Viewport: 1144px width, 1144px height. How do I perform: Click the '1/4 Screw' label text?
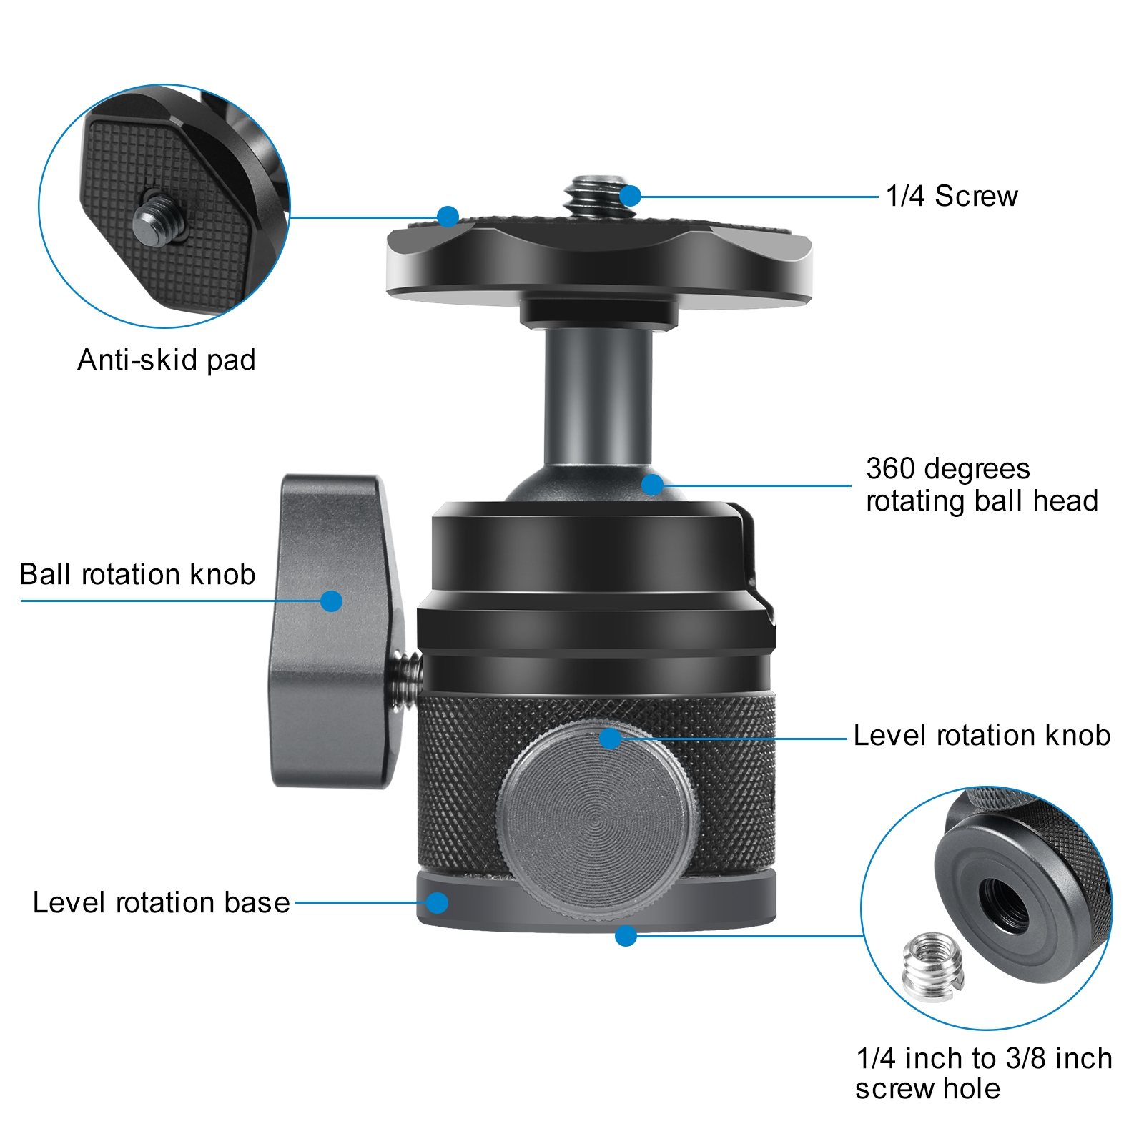[952, 196]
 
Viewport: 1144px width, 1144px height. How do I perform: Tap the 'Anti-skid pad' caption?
[166, 360]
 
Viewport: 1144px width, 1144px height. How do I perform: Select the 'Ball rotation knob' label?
[137, 574]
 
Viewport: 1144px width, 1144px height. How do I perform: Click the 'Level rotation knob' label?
[982, 735]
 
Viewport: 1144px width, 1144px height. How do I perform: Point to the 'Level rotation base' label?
[162, 902]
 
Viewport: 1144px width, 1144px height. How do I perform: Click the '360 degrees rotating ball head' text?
[982, 485]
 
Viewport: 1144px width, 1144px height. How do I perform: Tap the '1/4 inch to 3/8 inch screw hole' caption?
[984, 1073]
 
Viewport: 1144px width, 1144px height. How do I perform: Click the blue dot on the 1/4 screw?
[630, 196]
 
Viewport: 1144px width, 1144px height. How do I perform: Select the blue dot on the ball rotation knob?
[331, 601]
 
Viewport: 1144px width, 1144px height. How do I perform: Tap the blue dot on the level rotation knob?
[610, 739]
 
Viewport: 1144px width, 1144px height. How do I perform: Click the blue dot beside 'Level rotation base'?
[438, 902]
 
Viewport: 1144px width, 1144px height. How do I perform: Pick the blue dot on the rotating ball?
[652, 485]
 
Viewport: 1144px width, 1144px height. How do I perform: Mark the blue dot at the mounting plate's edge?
[448, 216]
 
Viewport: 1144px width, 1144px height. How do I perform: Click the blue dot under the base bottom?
[626, 935]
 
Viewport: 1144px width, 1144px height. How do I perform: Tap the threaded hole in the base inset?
[1003, 904]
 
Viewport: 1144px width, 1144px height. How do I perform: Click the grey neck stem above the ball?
[598, 397]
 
